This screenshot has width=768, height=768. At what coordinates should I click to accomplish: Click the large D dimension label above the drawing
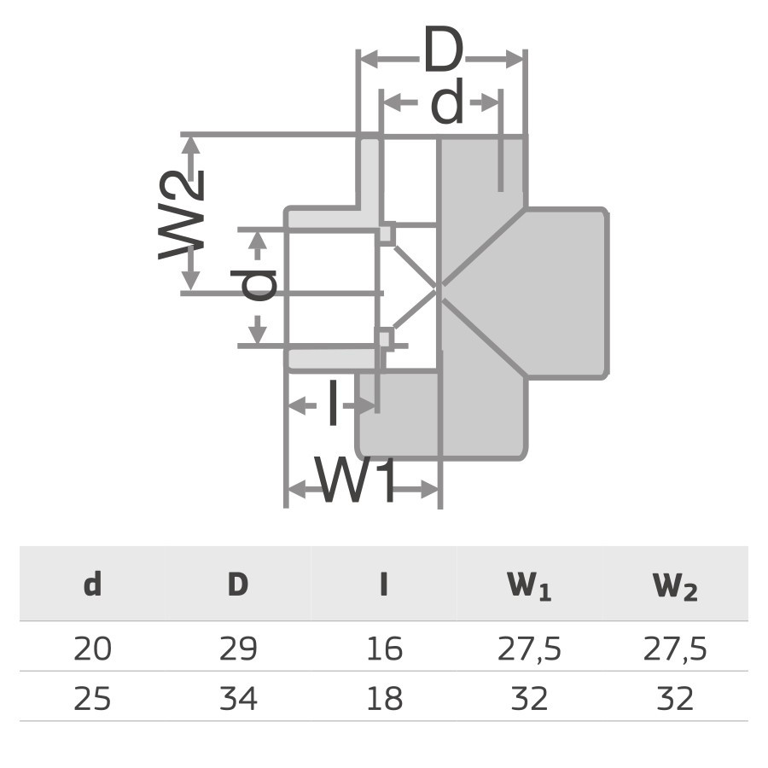(x=441, y=54)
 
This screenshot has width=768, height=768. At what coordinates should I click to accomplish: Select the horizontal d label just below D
(x=446, y=106)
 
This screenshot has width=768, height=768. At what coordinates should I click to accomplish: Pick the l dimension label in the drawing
(x=333, y=404)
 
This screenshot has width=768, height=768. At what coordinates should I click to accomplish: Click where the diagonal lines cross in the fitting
(x=439, y=288)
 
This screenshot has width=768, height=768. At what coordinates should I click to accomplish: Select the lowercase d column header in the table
(x=92, y=585)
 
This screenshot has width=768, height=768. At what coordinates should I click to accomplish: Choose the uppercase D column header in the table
(x=238, y=585)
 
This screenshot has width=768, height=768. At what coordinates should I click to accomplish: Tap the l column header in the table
(x=384, y=585)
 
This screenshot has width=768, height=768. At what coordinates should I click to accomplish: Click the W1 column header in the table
(x=529, y=587)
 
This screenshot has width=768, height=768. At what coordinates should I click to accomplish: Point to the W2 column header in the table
(x=675, y=587)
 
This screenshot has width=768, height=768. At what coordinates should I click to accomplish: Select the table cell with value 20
(x=92, y=649)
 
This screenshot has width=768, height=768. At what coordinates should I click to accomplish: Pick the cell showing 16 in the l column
(x=384, y=649)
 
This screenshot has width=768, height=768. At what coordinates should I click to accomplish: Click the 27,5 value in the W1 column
(x=529, y=649)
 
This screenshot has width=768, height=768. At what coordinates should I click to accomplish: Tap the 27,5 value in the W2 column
(x=675, y=649)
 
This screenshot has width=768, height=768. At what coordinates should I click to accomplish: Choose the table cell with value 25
(x=92, y=699)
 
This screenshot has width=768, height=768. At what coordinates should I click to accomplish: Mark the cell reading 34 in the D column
(x=238, y=699)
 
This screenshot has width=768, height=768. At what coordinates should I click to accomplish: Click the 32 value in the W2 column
(x=675, y=699)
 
